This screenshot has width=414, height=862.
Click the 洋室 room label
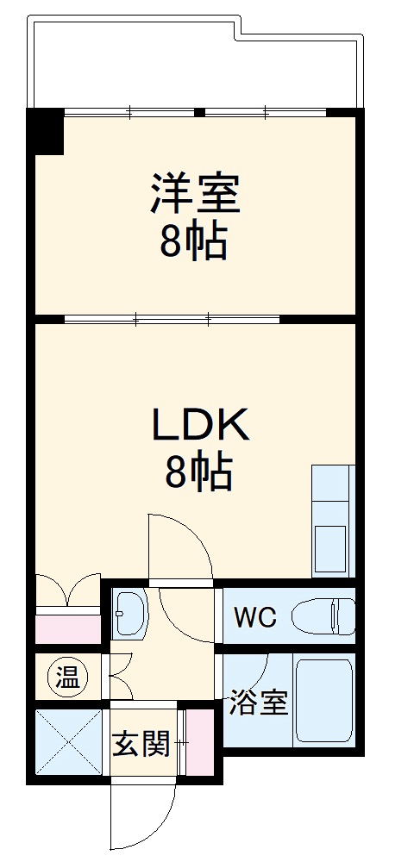(195, 193)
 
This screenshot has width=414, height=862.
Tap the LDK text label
(201, 424)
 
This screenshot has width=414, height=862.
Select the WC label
(254, 617)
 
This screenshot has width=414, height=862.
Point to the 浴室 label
(258, 703)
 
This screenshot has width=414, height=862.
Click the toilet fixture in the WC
(323, 616)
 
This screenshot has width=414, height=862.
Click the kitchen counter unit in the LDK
(333, 522)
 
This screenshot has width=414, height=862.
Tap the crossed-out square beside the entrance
(70, 742)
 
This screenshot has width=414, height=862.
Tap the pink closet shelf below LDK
(69, 628)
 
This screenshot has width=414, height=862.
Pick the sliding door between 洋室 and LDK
(172, 320)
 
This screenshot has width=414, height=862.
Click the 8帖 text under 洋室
(195, 244)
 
